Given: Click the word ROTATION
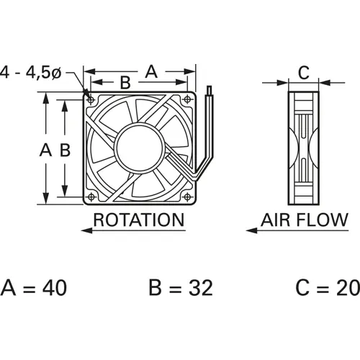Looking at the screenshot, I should click(x=139, y=219).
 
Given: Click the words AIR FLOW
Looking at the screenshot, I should click(x=303, y=219).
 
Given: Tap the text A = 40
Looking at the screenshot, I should click(x=34, y=288).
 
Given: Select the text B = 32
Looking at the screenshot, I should click(x=180, y=288).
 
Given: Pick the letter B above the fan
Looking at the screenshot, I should click(x=125, y=83).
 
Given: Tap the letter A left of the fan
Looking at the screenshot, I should click(x=45, y=150).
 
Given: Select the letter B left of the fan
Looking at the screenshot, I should click(x=63, y=150).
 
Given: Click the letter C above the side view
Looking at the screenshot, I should click(x=303, y=72).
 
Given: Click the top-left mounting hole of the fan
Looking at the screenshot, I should click(x=92, y=97).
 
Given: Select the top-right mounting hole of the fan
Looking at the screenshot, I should click(x=188, y=97).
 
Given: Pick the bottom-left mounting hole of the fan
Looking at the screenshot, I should click(x=92, y=194).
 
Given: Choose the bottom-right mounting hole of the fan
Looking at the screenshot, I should click(x=188, y=194).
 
